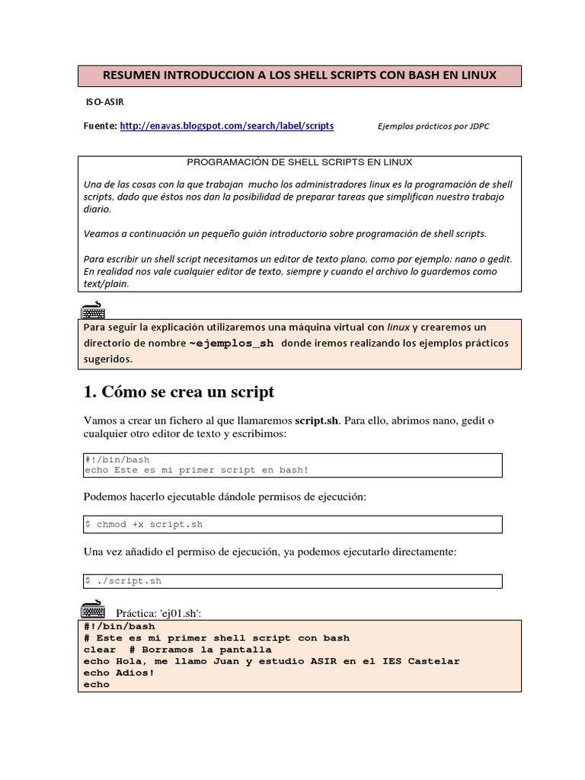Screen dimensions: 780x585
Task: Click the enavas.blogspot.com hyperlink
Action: point(226,126)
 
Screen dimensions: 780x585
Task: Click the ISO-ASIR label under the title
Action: point(104,101)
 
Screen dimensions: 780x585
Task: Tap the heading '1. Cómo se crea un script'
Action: point(178,392)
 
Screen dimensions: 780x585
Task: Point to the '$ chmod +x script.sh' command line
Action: point(144,524)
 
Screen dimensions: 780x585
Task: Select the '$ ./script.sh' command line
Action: point(123,580)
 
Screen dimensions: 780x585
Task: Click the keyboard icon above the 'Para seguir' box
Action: point(93,310)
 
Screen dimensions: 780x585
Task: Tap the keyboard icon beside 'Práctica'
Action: point(93,610)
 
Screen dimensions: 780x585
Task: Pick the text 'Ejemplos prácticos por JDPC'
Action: point(433,126)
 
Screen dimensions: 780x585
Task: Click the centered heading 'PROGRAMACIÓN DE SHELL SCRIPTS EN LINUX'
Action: point(300,162)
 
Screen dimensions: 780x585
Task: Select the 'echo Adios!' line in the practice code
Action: point(119,673)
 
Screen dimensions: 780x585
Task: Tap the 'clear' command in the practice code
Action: point(99,650)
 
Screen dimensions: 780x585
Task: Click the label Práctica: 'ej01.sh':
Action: point(158,613)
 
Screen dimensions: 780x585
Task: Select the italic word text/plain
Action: point(107,283)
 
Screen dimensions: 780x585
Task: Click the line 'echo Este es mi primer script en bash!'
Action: point(197,470)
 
